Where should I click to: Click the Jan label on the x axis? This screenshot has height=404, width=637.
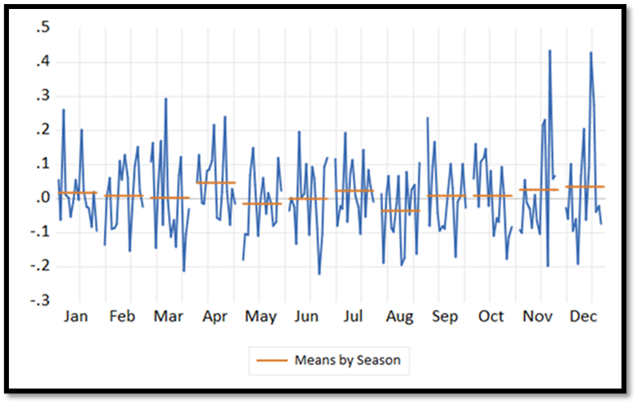tap(76, 316)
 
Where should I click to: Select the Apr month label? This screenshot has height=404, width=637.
tap(215, 316)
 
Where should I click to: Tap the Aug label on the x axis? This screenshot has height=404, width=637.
tap(400, 316)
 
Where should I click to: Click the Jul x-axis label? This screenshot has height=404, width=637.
tap(354, 316)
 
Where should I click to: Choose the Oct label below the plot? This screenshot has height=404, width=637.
tap(492, 316)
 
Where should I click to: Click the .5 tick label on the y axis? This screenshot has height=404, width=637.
tap(41, 28)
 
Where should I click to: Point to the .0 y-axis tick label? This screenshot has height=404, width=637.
tap(41, 198)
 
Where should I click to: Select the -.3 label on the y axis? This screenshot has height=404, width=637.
tap(38, 300)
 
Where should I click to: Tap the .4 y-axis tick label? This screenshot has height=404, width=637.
tap(41, 62)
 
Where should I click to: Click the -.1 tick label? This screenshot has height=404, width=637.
tap(38, 232)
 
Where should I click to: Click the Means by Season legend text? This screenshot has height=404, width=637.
tap(347, 359)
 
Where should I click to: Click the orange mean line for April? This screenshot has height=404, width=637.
tap(215, 182)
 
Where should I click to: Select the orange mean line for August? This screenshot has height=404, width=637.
tap(400, 211)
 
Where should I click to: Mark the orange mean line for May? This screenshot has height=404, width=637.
tap(261, 204)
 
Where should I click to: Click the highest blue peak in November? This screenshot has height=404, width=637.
tap(549, 51)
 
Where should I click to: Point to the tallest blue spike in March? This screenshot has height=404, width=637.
tap(165, 99)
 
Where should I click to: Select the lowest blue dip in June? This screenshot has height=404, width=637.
tap(319, 274)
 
